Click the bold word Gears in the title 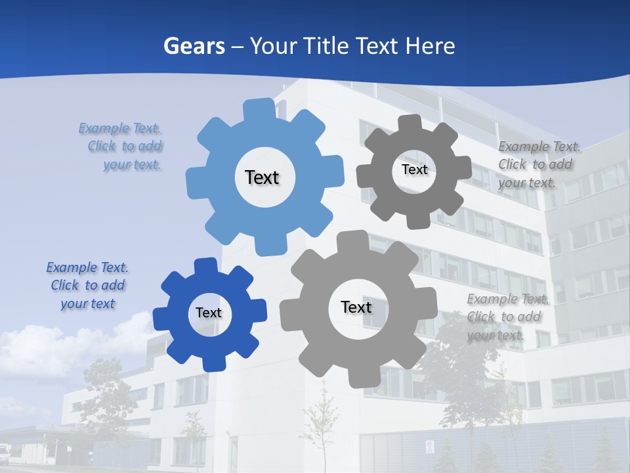pyautogui.click(x=194, y=46)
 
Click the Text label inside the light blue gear pyautogui.click(x=262, y=177)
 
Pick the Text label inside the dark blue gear pyautogui.click(x=209, y=313)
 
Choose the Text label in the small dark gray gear pyautogui.click(x=414, y=169)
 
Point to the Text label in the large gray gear pyautogui.click(x=356, y=307)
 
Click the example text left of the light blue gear pyautogui.click(x=123, y=146)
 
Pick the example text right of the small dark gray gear pyautogui.click(x=538, y=164)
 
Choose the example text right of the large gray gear pyautogui.click(x=507, y=317)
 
